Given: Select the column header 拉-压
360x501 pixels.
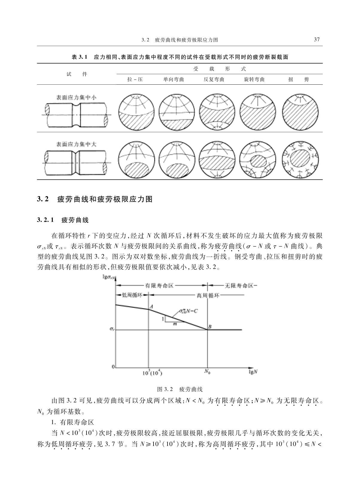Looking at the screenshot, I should [x=135, y=80].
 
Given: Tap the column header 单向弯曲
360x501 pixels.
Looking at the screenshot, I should [x=174, y=80].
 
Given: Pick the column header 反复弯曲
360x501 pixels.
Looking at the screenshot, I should [x=214, y=80].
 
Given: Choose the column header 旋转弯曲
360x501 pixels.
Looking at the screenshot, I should [x=254, y=80].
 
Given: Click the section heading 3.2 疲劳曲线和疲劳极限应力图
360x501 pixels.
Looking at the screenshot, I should [x=95, y=199].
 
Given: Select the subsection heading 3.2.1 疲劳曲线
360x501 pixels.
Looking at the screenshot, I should [x=63, y=220].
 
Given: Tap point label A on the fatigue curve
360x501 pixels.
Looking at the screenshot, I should [x=151, y=306].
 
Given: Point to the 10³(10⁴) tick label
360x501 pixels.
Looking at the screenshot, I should [x=152, y=373].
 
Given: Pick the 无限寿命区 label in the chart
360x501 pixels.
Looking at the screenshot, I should [x=239, y=286].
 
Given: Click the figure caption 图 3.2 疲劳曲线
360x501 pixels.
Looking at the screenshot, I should [x=180, y=389].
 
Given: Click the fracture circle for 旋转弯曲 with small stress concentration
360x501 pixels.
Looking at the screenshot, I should [x=258, y=112].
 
